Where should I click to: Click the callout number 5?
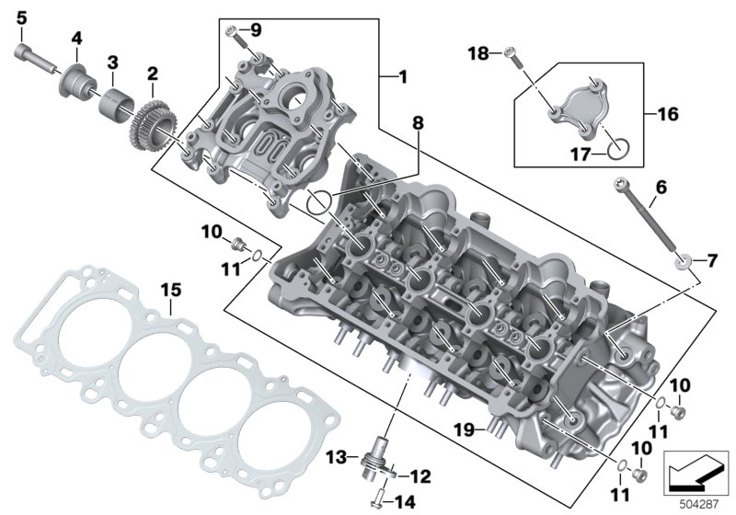coord(21,19)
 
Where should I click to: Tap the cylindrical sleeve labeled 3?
coord(116,105)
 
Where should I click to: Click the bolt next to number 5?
coord(34,58)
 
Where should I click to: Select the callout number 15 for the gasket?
coord(171,291)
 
